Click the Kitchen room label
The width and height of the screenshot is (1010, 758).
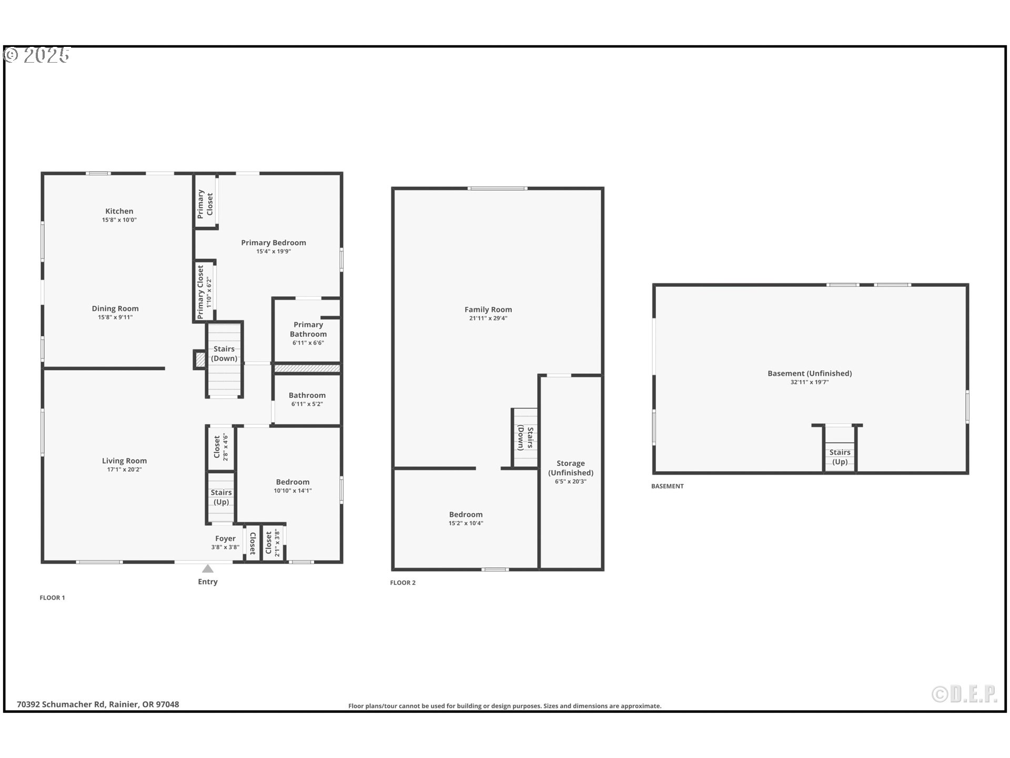pyautogui.click(x=119, y=211)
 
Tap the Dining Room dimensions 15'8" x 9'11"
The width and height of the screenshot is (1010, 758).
pyautogui.click(x=115, y=317)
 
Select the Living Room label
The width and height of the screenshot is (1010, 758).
pyautogui.click(x=124, y=461)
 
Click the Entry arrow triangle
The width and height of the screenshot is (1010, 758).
pyautogui.click(x=208, y=568)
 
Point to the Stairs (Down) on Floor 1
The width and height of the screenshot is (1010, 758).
pyautogui.click(x=224, y=354)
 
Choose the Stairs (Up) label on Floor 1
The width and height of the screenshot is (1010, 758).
pyautogui.click(x=221, y=497)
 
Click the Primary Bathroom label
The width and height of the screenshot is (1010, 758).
pyautogui.click(x=308, y=329)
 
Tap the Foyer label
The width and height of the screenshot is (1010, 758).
pyautogui.click(x=225, y=538)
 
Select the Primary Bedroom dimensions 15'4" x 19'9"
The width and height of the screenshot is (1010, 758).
pyautogui.click(x=274, y=252)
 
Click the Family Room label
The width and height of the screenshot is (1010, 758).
pyautogui.click(x=488, y=310)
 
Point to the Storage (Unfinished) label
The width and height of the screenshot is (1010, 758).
pyautogui.click(x=571, y=468)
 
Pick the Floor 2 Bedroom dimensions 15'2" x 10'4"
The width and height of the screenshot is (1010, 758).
pyautogui.click(x=466, y=523)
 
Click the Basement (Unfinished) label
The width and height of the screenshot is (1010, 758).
pyautogui.click(x=810, y=373)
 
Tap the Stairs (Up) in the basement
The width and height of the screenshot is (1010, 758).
pyautogui.click(x=840, y=456)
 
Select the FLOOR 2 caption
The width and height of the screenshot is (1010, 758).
pyautogui.click(x=403, y=583)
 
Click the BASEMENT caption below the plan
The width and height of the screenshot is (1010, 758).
pyautogui.click(x=668, y=486)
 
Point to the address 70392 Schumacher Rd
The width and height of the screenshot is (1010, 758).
pyautogui.click(x=98, y=704)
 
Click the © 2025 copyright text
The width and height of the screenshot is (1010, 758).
pyautogui.click(x=37, y=55)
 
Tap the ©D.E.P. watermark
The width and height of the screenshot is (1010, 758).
pyautogui.click(x=964, y=694)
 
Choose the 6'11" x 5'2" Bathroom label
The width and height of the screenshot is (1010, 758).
pyautogui.click(x=307, y=404)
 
